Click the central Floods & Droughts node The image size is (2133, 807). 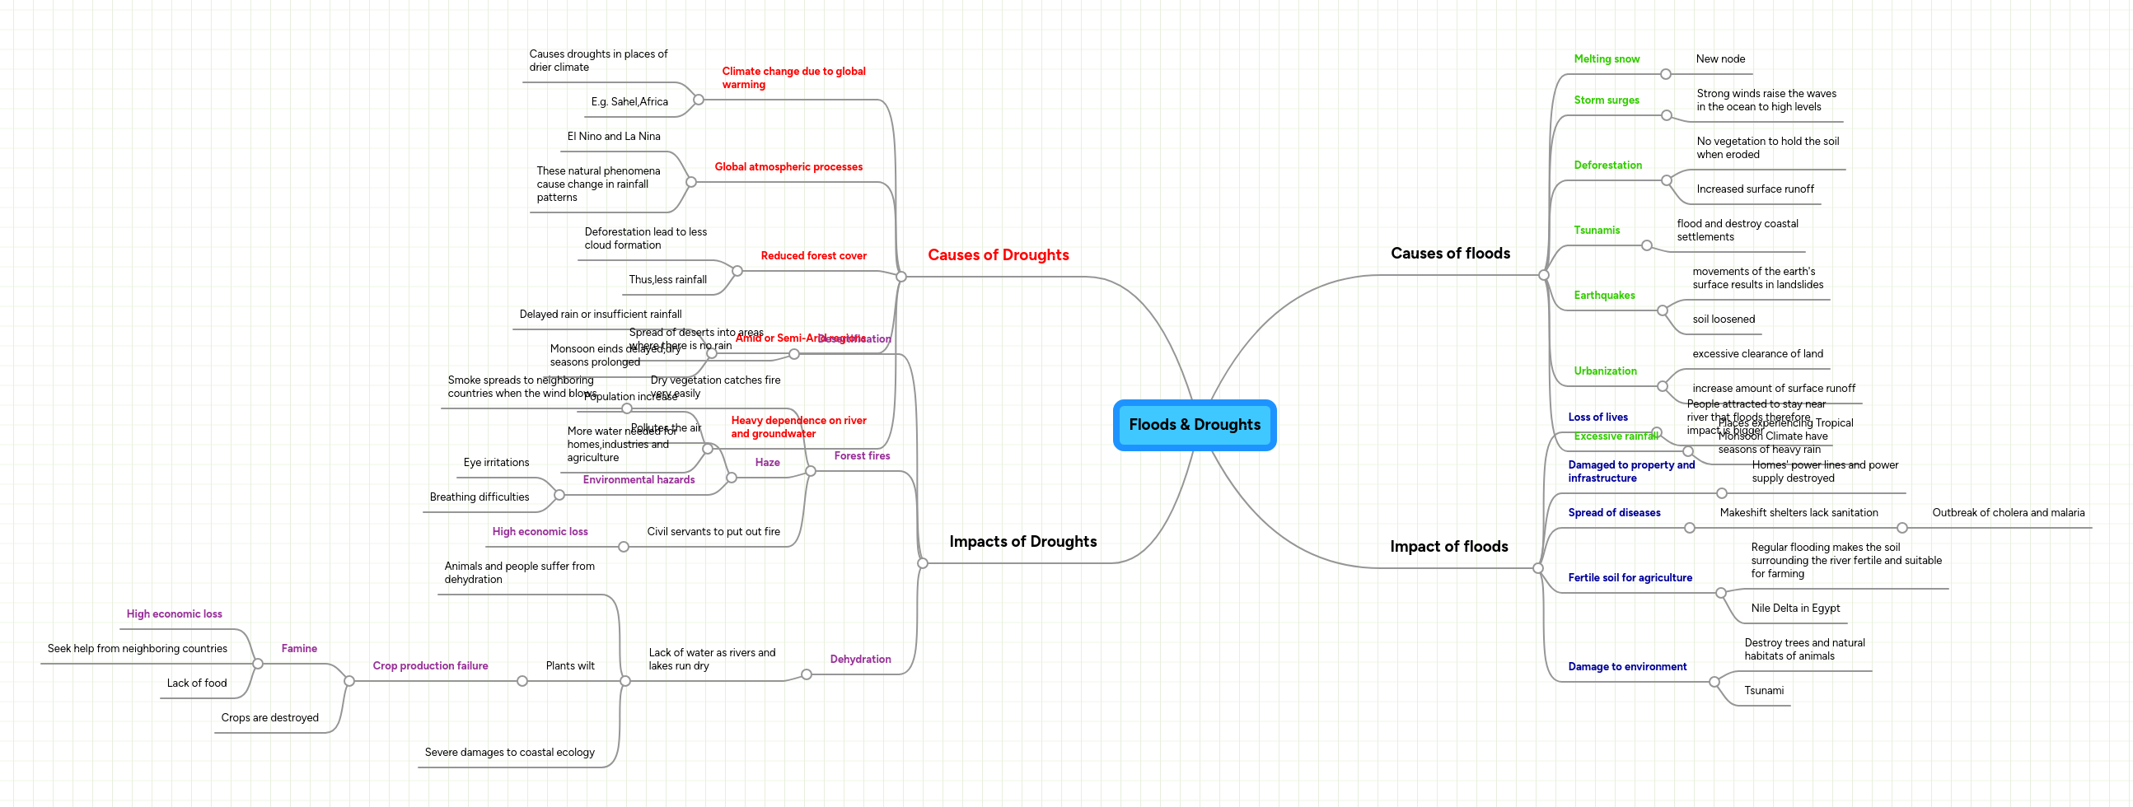1194,425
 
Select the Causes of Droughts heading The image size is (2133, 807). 998,255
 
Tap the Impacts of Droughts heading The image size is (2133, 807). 1022,541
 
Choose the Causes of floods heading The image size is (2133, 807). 1450,254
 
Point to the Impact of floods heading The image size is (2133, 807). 1448,546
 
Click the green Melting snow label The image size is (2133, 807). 1607,58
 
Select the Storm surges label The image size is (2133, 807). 1607,100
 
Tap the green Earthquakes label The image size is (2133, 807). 1604,296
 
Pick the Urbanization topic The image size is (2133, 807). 1605,371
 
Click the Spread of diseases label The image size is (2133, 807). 1614,513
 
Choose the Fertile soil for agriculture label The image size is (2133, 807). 1630,578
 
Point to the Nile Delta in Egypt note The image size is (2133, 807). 1795,609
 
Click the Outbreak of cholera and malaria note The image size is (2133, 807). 2008,513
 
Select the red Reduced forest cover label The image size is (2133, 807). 813,256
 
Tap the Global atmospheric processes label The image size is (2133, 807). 788,167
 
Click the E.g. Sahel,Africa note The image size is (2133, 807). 629,102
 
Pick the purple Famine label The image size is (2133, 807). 299,649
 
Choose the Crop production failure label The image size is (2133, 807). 430,666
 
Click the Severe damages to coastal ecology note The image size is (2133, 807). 509,753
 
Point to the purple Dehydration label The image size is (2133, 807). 860,660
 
